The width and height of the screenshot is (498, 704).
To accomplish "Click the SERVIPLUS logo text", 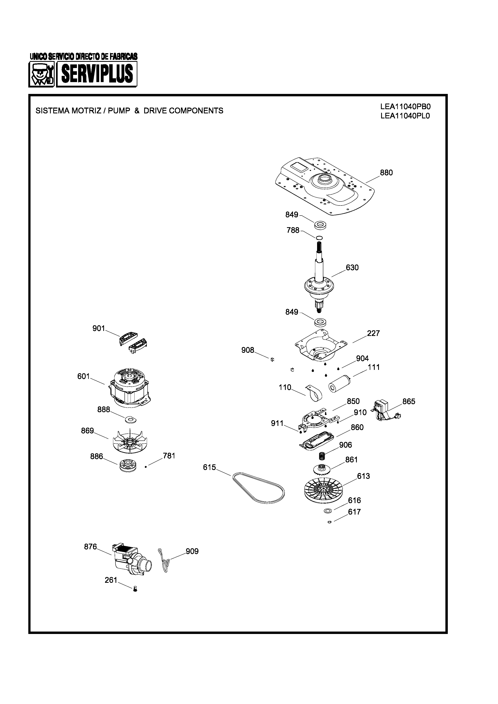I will coord(97,74).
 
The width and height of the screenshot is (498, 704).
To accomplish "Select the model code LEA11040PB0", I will coord(405,107).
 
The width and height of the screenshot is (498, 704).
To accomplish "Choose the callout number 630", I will coord(352,268).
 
